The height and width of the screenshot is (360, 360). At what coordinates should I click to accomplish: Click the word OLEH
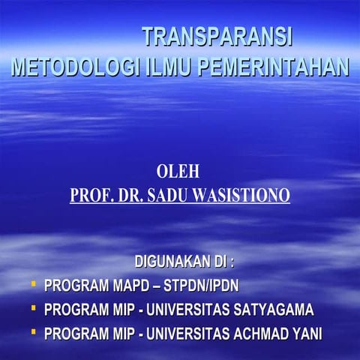[x=178, y=172]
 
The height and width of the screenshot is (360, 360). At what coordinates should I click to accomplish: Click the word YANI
[x=306, y=333]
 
